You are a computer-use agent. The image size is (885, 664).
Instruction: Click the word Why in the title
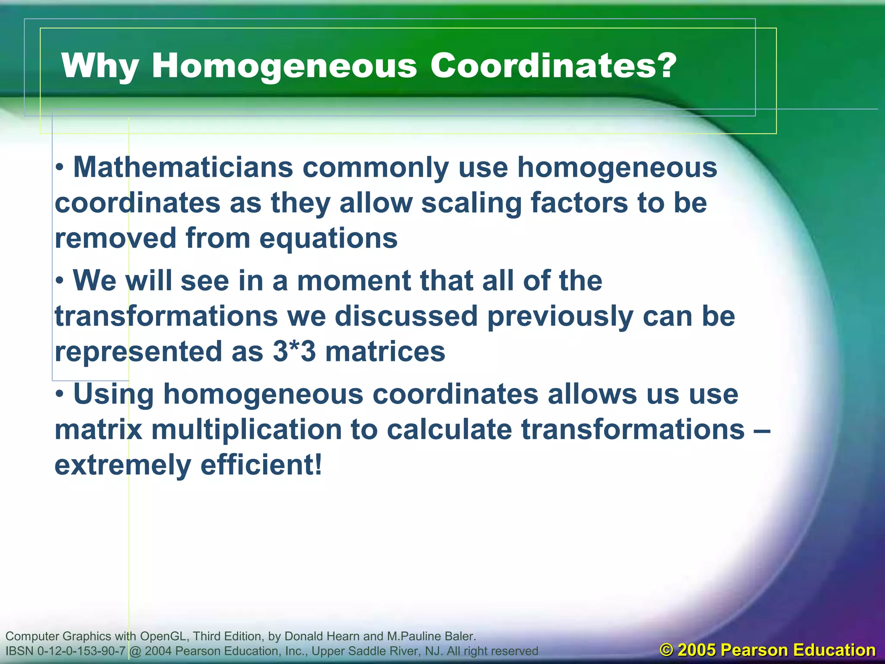click(100, 66)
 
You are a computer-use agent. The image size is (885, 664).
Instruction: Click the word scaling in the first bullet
click(471, 203)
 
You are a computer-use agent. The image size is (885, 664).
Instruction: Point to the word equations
click(328, 239)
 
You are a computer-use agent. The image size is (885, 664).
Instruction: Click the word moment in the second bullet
click(354, 281)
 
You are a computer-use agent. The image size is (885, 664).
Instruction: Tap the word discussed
click(406, 316)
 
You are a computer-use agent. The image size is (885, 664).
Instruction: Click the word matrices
click(385, 351)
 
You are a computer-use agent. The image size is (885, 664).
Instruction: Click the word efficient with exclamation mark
click(261, 465)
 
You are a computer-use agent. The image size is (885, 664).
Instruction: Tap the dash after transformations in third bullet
click(764, 430)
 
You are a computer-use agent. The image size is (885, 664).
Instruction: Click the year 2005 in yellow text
click(697, 650)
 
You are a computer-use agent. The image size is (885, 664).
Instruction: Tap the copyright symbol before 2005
click(667, 650)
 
